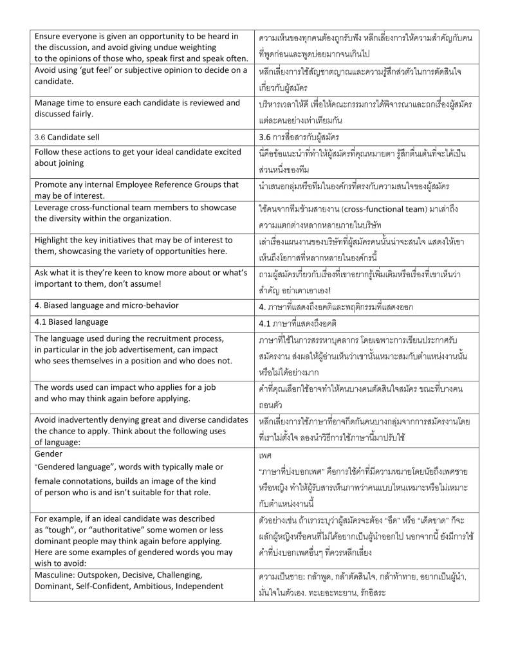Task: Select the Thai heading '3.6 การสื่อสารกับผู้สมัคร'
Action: [x=299, y=137]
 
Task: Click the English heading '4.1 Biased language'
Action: [x=71, y=322]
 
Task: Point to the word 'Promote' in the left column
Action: [x=52, y=185]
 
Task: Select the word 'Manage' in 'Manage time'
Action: [x=51, y=103]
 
